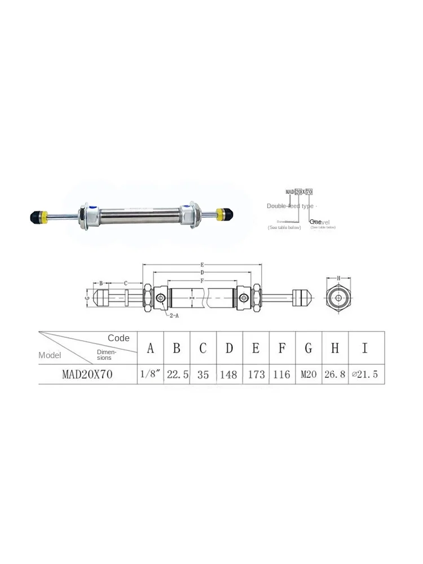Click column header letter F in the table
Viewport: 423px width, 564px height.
click(282, 349)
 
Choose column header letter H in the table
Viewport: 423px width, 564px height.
click(335, 349)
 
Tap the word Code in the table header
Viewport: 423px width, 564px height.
click(118, 338)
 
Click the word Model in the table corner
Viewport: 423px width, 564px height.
click(50, 355)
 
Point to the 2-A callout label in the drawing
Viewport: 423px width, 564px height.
click(174, 316)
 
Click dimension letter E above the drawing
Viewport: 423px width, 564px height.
click(202, 264)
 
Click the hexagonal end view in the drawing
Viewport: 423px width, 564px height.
click(338, 298)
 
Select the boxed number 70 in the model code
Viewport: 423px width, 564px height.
click(309, 192)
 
